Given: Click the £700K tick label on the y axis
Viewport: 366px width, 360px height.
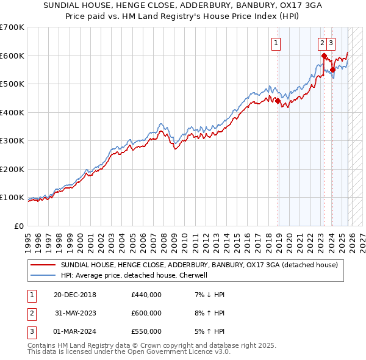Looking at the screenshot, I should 12,27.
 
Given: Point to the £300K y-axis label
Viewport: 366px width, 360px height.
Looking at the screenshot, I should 12,141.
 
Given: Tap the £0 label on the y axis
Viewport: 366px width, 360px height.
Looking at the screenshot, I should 18,226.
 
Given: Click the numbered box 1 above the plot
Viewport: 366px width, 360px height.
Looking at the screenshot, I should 276,43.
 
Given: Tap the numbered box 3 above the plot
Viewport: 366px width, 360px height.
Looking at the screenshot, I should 331,43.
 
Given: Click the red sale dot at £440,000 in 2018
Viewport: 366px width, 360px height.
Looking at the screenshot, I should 278,101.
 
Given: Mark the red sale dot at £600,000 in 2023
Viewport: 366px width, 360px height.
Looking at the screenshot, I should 323,56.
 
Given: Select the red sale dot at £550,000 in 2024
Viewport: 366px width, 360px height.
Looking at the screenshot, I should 332,70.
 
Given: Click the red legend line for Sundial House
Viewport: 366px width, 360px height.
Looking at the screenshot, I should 43,265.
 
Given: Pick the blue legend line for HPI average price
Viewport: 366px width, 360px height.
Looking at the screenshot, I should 43,275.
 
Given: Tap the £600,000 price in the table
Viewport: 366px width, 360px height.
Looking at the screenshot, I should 146,313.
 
